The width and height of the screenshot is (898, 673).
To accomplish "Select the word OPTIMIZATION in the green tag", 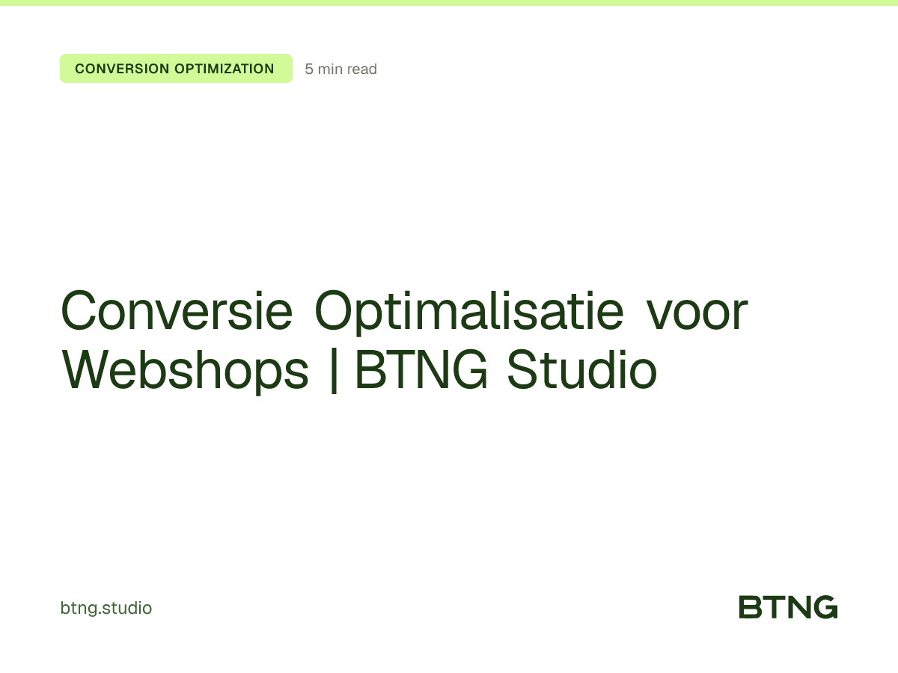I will [224, 69].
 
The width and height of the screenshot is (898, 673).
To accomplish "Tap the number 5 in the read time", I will [309, 70].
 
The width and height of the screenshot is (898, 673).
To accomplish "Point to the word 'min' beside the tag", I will [330, 70].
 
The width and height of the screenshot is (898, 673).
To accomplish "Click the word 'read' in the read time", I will [362, 70].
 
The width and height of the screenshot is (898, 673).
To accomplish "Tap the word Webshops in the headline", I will [185, 370].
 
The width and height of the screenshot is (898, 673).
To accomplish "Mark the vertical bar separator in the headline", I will [333, 372].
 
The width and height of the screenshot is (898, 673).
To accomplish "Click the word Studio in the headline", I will [582, 370].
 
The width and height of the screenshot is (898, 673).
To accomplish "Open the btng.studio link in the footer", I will [106, 608].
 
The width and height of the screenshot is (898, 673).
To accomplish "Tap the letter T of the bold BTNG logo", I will [775, 607].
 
